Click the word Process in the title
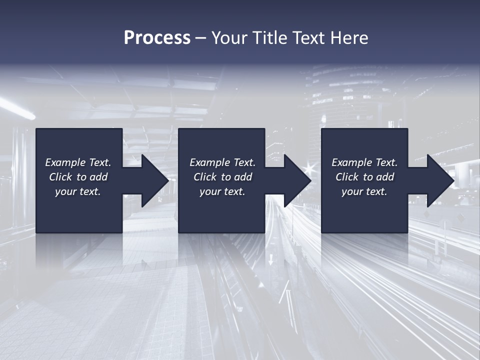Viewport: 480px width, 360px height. pos(157,38)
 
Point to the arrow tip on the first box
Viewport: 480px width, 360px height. pos(167,180)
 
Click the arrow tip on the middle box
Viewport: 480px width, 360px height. pos(309,180)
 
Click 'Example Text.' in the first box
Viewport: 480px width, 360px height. pos(78,162)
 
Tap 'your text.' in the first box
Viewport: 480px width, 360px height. pos(78,191)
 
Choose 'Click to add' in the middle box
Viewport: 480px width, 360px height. pos(222,177)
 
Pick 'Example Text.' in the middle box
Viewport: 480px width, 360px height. pos(222,162)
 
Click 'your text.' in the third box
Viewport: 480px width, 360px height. pos(364,191)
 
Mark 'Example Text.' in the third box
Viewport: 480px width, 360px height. pos(364,162)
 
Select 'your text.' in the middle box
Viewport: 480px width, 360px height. pos(222,191)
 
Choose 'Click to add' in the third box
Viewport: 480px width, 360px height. pos(364,177)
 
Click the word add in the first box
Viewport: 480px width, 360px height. pos(98,177)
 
